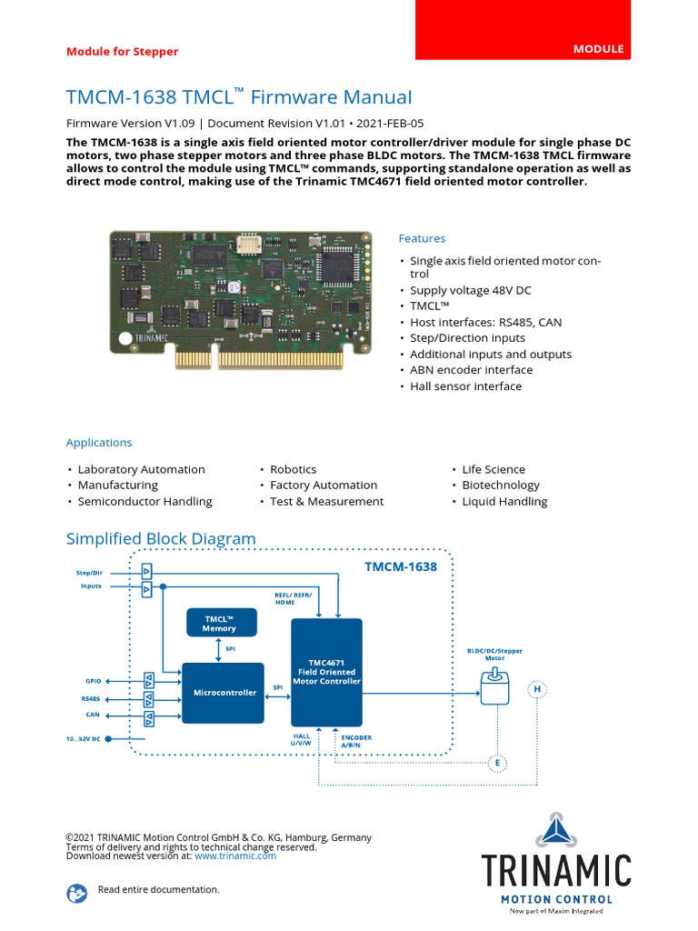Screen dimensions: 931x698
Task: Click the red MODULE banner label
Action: tap(597, 49)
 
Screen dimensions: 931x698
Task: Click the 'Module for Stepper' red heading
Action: tap(122, 52)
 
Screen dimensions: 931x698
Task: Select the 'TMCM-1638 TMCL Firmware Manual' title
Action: tap(238, 97)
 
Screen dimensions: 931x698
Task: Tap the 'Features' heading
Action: tap(422, 238)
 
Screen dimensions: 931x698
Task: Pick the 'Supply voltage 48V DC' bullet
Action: tap(470, 290)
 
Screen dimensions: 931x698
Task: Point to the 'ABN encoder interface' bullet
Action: tap(471, 370)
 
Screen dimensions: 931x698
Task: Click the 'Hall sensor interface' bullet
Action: tap(465, 386)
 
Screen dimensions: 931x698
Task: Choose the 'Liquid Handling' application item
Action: tap(504, 501)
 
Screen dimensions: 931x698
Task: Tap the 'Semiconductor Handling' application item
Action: tap(145, 501)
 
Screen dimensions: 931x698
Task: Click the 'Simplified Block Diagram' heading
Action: tap(161, 538)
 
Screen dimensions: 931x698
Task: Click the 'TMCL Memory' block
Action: tap(220, 623)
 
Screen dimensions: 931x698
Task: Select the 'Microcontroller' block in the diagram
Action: tap(223, 693)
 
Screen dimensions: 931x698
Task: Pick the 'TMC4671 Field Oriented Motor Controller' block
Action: tap(326, 672)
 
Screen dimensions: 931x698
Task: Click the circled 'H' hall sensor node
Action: tap(537, 690)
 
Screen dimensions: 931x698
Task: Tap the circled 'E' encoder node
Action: tap(497, 761)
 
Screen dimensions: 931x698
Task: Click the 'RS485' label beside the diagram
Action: tap(91, 699)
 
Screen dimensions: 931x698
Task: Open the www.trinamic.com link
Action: tap(234, 856)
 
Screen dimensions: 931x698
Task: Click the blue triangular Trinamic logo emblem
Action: tap(555, 830)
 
